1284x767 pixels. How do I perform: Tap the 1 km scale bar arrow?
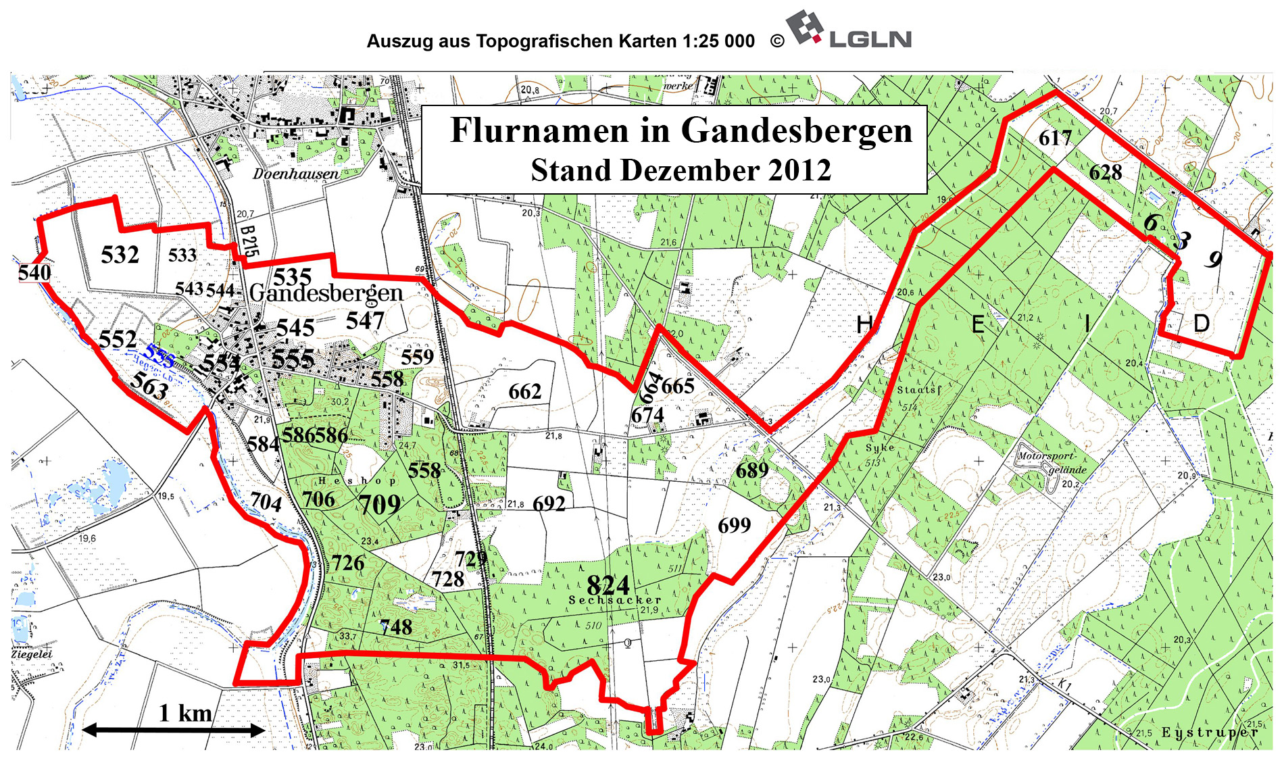(173, 730)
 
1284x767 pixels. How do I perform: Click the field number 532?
(120, 255)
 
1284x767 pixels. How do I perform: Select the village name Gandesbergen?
(326, 293)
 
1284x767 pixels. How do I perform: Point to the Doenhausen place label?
(296, 174)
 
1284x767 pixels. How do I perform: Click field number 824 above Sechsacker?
(608, 585)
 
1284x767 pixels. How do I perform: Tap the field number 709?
(379, 504)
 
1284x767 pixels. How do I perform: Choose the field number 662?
(525, 391)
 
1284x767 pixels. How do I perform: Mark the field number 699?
(735, 525)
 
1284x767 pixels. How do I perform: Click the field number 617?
(1056, 139)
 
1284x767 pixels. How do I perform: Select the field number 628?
(1106, 172)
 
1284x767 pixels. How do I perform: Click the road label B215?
(249, 240)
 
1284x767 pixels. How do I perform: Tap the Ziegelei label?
(32, 654)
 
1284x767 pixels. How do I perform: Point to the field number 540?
(34, 273)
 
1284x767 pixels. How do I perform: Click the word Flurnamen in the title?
(539, 130)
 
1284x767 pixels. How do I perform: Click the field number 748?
(396, 627)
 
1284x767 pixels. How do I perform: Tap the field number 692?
(549, 503)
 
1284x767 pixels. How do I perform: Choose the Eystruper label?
(1210, 733)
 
